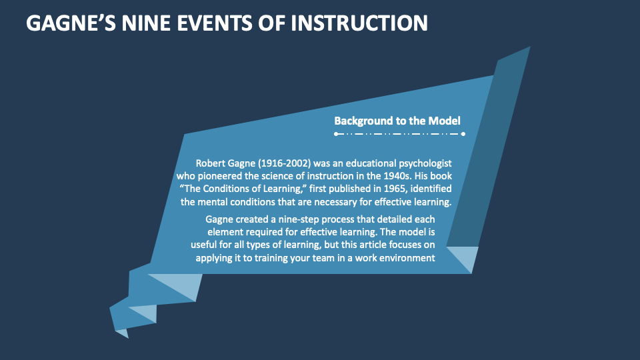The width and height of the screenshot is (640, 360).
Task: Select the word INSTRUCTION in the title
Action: click(x=361, y=23)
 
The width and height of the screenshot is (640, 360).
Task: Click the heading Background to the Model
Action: click(x=397, y=121)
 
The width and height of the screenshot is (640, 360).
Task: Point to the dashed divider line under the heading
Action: click(x=399, y=134)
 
